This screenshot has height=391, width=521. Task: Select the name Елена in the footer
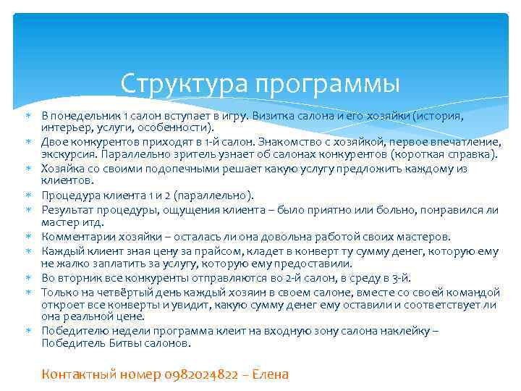(x=268, y=374)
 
